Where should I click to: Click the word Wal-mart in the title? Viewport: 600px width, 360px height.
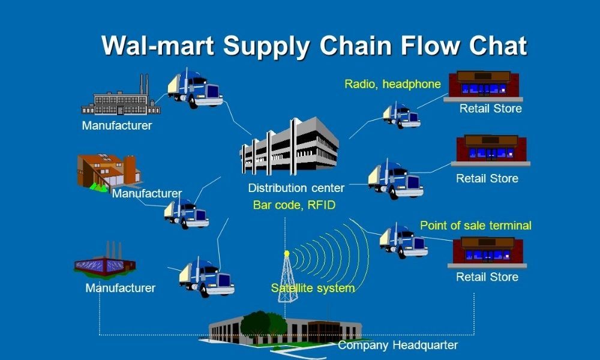155,46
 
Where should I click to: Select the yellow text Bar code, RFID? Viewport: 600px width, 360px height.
294,205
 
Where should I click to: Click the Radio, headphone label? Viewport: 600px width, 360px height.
392,84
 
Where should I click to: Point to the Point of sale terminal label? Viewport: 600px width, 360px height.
476,226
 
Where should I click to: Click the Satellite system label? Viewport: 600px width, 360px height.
313,288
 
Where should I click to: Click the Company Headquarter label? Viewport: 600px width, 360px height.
398,345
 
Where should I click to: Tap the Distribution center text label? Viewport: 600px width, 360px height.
296,188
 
